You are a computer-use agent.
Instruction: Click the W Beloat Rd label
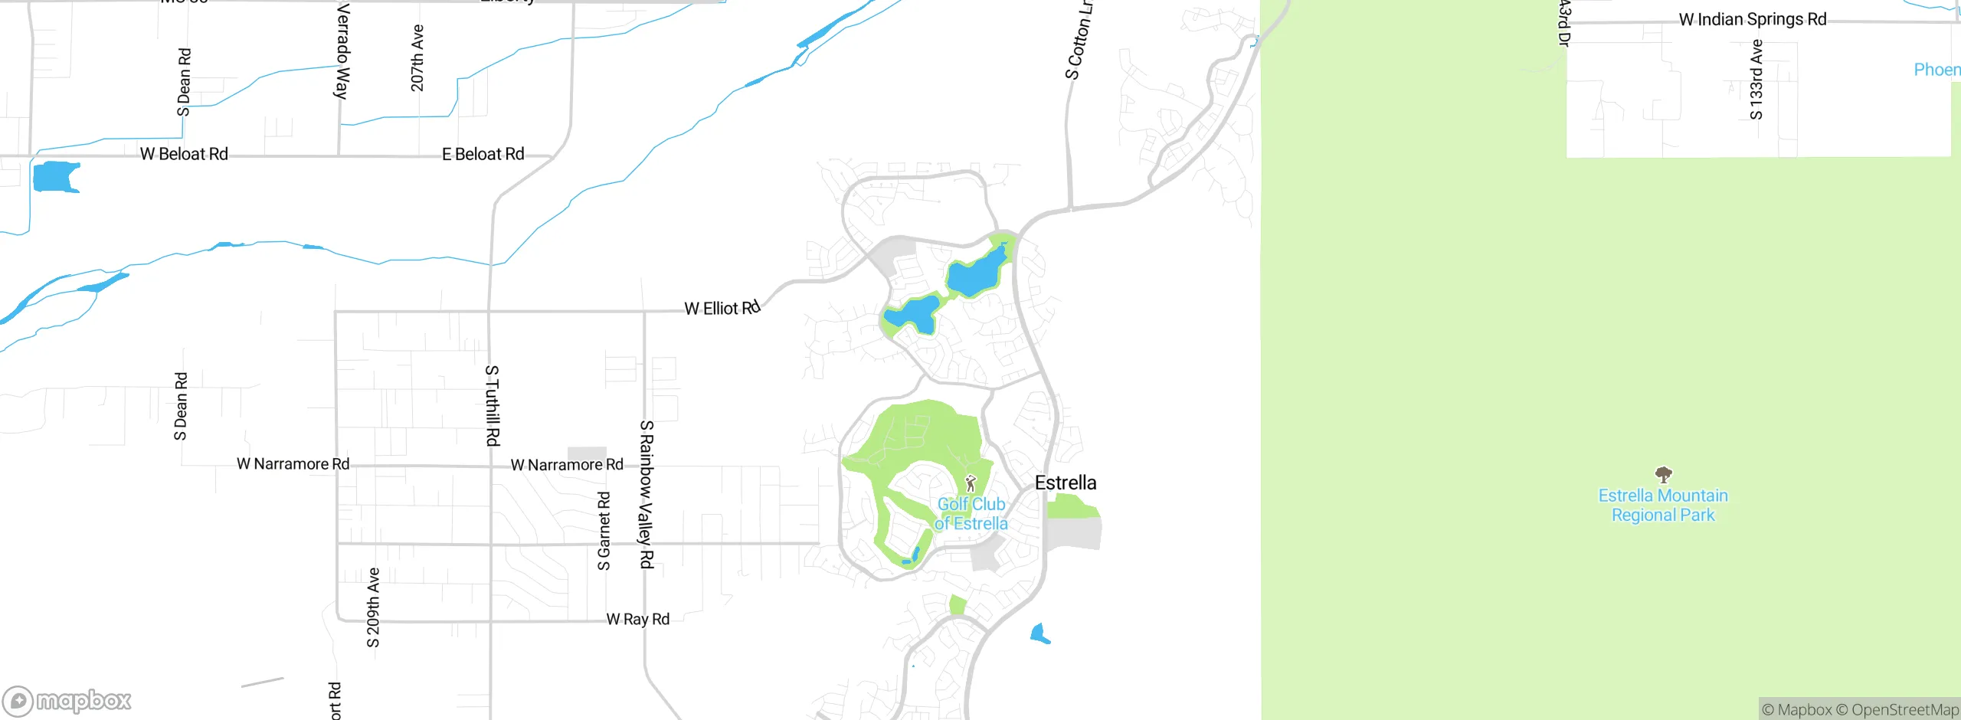[184, 154]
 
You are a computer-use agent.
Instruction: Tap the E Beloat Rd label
[483, 154]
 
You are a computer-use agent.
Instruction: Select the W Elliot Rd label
[722, 308]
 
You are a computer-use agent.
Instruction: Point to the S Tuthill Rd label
[493, 405]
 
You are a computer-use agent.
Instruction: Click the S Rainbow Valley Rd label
[647, 494]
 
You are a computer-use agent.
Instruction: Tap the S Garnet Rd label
[604, 531]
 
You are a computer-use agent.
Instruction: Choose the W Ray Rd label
[637, 619]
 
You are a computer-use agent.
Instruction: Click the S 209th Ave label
[373, 607]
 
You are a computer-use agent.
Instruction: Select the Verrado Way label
[342, 51]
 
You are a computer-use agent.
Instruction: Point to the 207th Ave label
[417, 57]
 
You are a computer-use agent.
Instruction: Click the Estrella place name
[1065, 483]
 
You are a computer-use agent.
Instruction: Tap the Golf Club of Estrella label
[971, 514]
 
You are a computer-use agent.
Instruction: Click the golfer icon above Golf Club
[971, 483]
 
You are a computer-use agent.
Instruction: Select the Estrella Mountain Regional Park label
[1662, 506]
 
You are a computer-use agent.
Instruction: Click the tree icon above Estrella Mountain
[1663, 474]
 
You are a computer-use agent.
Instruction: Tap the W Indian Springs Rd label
[1752, 19]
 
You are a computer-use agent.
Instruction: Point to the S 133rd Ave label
[1756, 80]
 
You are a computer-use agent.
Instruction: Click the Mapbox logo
[67, 700]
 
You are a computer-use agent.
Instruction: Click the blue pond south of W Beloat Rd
[55, 176]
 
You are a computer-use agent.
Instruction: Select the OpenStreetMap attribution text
[1897, 710]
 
